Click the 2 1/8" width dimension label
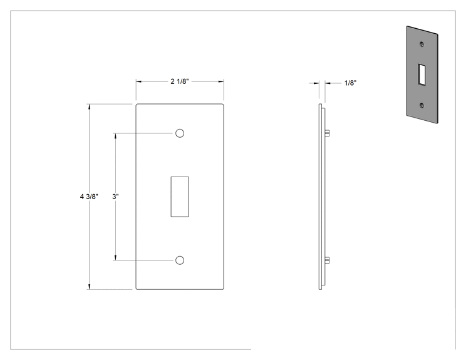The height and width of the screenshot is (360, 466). point(180,81)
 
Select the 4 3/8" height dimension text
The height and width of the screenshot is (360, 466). point(89,197)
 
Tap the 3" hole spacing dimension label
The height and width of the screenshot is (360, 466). point(116,197)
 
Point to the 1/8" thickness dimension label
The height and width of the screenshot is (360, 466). point(350,83)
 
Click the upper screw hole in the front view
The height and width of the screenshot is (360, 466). point(180,133)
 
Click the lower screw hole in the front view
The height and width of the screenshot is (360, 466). point(180,260)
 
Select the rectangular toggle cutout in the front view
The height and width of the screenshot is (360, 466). point(180,197)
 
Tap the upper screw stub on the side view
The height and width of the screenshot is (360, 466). point(327,133)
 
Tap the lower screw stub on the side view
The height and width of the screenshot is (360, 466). point(327,260)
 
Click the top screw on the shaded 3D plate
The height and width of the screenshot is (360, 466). point(422,44)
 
